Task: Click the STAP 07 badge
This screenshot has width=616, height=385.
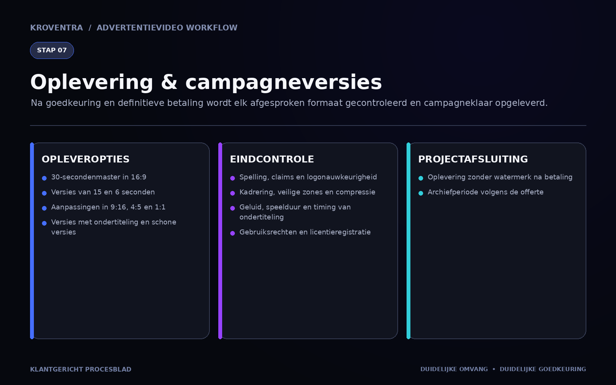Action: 52,50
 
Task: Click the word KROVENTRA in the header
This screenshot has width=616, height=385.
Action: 56,28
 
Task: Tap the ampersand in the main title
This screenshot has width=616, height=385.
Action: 169,82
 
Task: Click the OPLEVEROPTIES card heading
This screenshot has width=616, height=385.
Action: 85,159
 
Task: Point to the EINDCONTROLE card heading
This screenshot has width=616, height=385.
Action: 272,159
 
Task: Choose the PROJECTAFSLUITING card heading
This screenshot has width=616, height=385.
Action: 473,159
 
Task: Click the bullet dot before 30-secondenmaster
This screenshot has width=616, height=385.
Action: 44,178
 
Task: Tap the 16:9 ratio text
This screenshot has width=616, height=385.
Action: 139,177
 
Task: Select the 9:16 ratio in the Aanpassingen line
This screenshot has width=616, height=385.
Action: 119,207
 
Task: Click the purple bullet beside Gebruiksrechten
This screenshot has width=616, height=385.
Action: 233,233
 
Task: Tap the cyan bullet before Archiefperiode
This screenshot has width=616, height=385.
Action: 421,193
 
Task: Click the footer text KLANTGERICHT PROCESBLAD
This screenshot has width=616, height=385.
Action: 80,369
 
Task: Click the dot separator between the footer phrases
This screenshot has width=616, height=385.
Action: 494,369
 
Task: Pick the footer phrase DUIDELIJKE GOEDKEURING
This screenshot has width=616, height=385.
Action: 543,369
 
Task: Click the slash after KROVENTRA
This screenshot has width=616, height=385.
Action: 90,28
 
